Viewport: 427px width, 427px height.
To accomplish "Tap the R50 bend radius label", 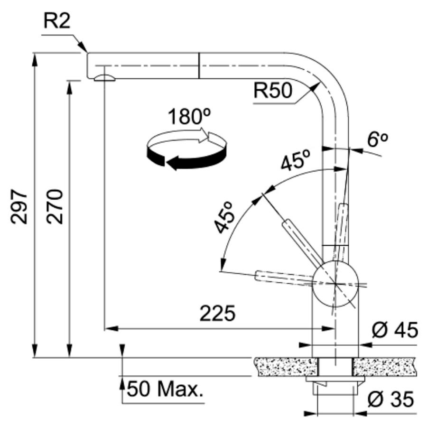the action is [x=273, y=90].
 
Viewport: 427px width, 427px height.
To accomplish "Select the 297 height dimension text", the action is [x=19, y=207].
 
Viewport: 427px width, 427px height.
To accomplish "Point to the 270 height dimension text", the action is [x=55, y=207].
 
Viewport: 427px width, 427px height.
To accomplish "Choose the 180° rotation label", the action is [x=189, y=117].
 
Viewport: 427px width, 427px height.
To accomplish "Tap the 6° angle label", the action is [x=377, y=139].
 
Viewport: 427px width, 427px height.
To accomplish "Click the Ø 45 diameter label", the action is [x=395, y=330].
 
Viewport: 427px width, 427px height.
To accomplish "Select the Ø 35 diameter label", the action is [x=390, y=399].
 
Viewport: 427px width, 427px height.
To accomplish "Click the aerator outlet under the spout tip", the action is [x=104, y=78].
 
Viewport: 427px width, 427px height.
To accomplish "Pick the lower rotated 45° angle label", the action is [x=224, y=218].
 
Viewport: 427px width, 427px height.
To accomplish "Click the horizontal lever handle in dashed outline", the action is [x=283, y=278].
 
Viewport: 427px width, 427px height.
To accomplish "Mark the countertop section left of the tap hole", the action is [x=286, y=367].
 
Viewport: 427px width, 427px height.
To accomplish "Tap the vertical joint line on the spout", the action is [x=199, y=65].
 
